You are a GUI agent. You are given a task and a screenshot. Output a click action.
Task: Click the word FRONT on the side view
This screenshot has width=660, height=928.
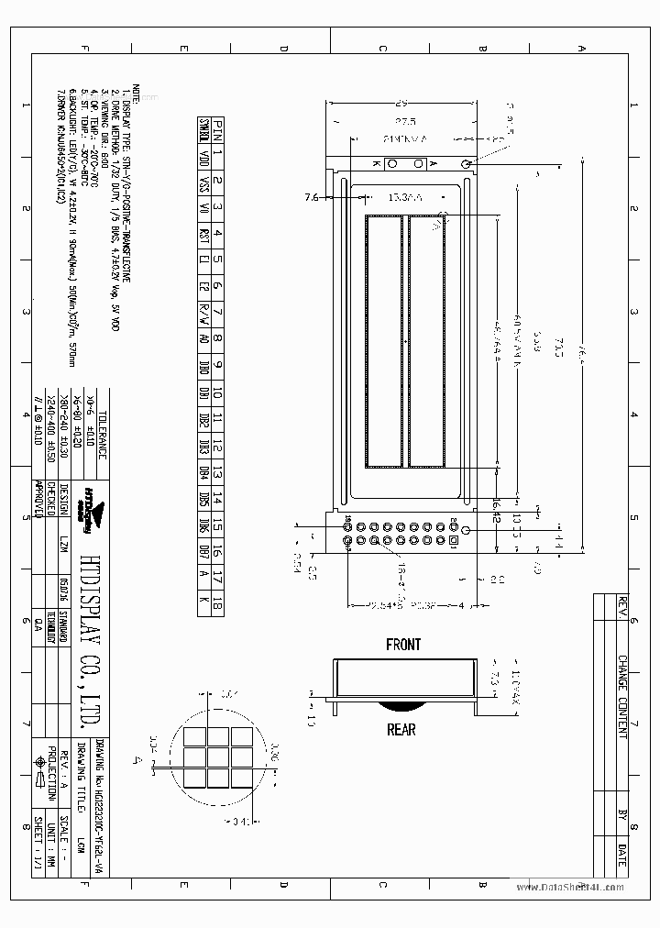tap(402, 645)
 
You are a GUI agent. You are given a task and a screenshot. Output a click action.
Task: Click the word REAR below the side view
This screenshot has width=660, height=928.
tap(401, 730)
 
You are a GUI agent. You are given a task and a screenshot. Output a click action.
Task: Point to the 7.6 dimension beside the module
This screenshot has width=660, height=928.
tap(311, 196)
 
